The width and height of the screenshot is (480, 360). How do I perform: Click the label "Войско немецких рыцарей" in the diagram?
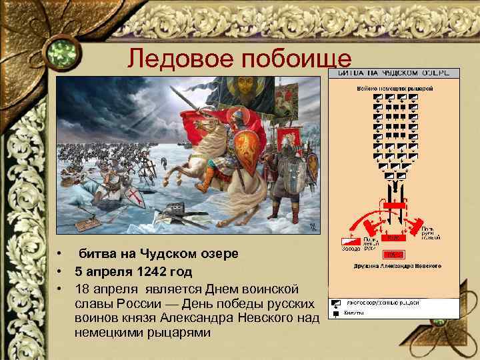[397, 87]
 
